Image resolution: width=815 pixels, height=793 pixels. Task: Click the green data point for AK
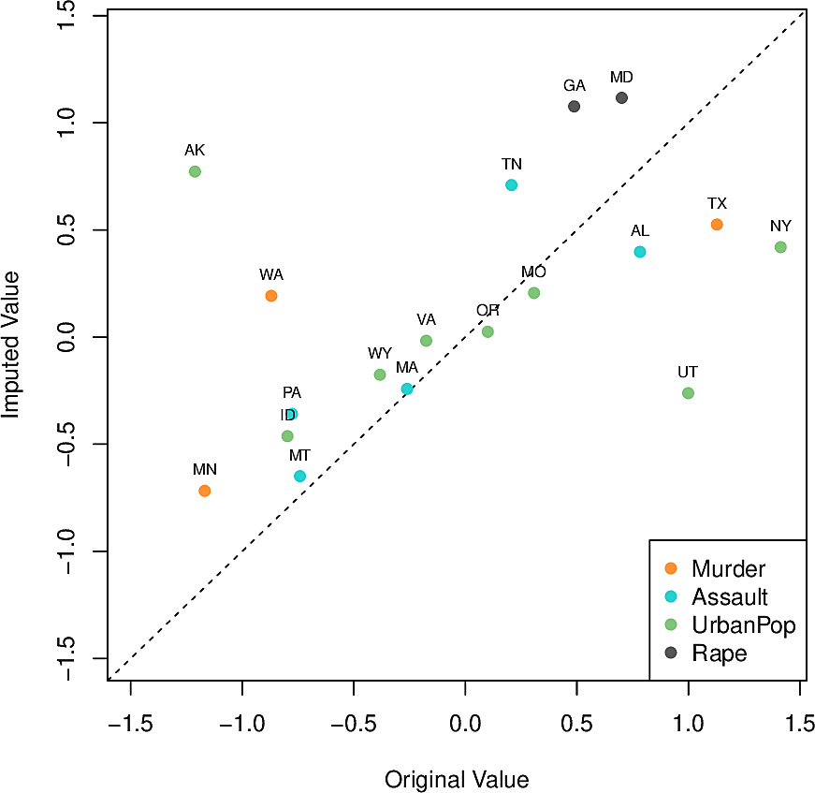click(x=195, y=171)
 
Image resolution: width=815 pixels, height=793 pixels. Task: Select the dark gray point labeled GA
click(x=574, y=107)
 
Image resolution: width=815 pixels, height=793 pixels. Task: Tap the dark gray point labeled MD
click(x=621, y=98)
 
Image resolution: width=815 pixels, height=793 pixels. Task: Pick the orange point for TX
click(x=717, y=225)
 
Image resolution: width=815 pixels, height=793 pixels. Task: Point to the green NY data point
click(x=780, y=247)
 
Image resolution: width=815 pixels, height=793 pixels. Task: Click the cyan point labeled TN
click(x=511, y=185)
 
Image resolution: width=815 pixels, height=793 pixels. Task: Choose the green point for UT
click(x=688, y=393)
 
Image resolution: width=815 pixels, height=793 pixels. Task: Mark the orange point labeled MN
click(x=205, y=491)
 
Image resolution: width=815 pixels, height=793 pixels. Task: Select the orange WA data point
click(x=271, y=296)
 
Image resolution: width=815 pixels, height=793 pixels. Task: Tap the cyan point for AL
click(x=640, y=252)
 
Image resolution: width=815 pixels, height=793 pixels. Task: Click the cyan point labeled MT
click(x=299, y=477)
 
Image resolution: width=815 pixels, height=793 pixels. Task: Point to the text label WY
click(x=380, y=353)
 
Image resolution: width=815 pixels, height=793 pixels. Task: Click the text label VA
click(x=427, y=319)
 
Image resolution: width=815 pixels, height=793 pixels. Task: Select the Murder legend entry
click(x=728, y=568)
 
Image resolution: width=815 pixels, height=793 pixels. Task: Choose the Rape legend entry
click(x=719, y=653)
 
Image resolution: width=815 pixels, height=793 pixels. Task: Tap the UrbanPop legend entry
click(x=743, y=625)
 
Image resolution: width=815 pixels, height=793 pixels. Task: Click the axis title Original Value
click(x=457, y=780)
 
